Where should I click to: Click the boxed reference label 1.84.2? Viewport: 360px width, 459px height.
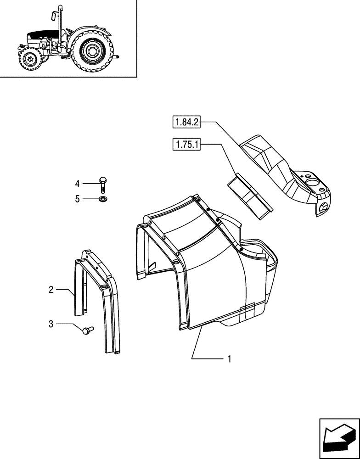tap(187, 122)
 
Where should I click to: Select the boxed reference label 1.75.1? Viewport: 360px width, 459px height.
tap(187, 145)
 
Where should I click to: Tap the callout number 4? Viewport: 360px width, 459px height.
tap(78, 184)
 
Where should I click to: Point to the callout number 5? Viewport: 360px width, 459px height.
tap(78, 199)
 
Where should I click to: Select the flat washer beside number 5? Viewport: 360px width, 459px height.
tap(102, 199)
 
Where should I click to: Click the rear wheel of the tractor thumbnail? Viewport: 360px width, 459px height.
tap(93, 51)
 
